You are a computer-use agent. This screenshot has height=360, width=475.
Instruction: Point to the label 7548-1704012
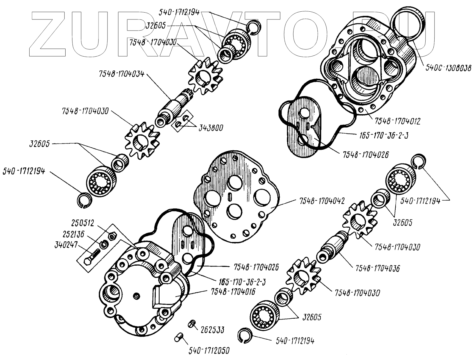[397, 121]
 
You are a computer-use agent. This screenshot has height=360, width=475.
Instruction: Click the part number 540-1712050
[211, 351]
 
